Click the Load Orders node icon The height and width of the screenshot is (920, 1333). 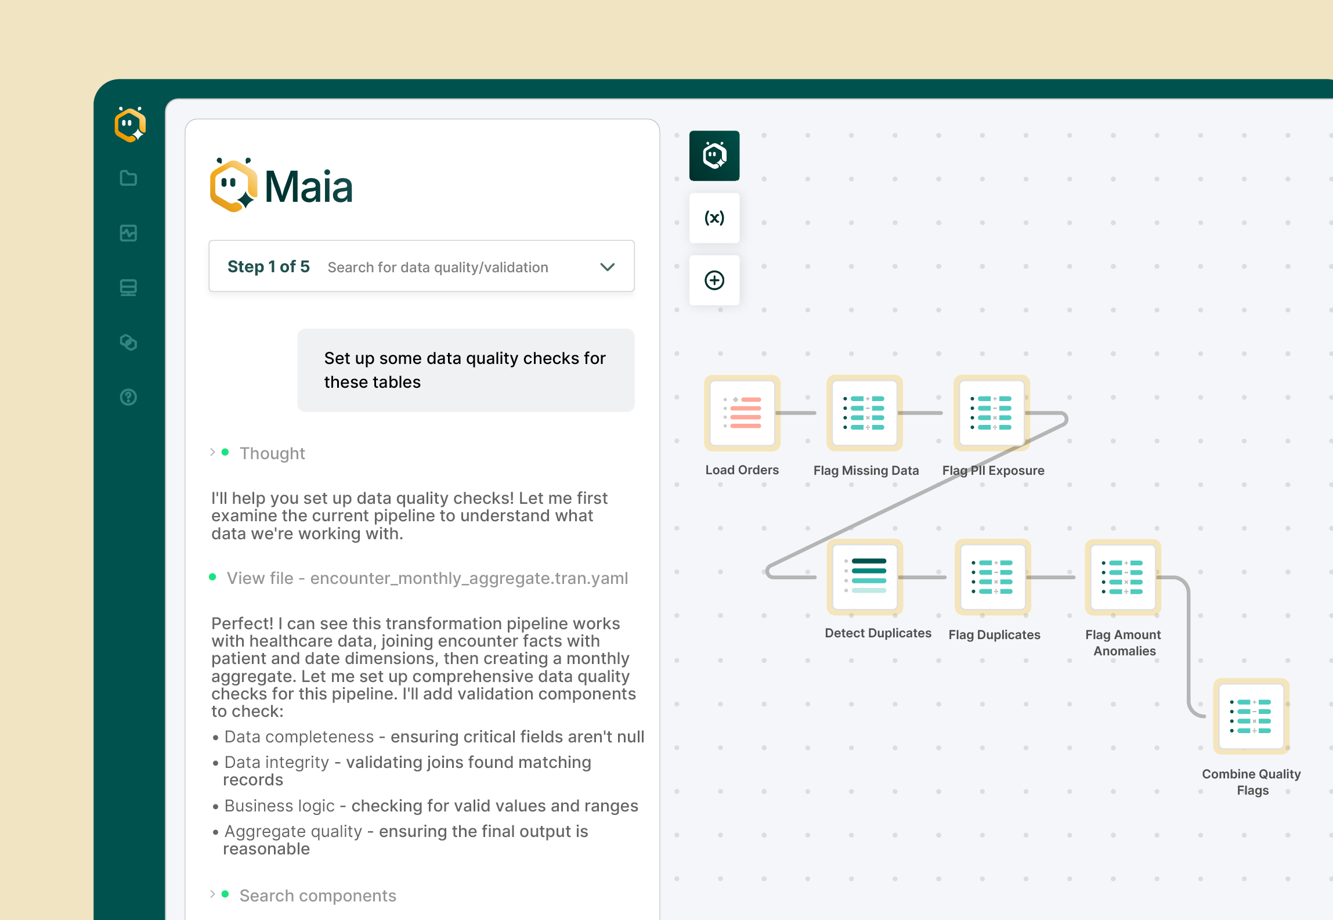(742, 413)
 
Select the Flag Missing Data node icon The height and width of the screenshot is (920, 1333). (864, 413)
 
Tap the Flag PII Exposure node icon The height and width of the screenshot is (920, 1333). (991, 413)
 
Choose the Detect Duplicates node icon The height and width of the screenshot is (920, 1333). (865, 576)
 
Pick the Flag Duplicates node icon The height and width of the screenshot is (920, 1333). (992, 576)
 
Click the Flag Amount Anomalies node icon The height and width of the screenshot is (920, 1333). (1122, 576)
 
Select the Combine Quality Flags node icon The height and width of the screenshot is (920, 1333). (1251, 716)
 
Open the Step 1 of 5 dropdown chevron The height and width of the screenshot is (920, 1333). (607, 267)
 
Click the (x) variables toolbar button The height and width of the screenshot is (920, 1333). (714, 218)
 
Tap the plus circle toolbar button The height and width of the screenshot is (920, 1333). (714, 280)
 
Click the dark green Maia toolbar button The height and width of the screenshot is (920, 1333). (714, 156)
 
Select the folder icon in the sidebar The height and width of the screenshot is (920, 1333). (128, 178)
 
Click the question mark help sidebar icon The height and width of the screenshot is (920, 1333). (128, 397)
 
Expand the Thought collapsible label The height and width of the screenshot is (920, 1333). (272, 453)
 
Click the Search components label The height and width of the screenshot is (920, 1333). (317, 896)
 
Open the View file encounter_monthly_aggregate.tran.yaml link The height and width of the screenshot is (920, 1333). (427, 578)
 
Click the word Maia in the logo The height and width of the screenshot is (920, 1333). (308, 187)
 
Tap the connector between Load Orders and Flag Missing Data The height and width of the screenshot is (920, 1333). (796, 413)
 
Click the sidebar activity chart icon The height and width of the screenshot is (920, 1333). (128, 233)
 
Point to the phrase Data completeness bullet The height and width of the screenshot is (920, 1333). (299, 737)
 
